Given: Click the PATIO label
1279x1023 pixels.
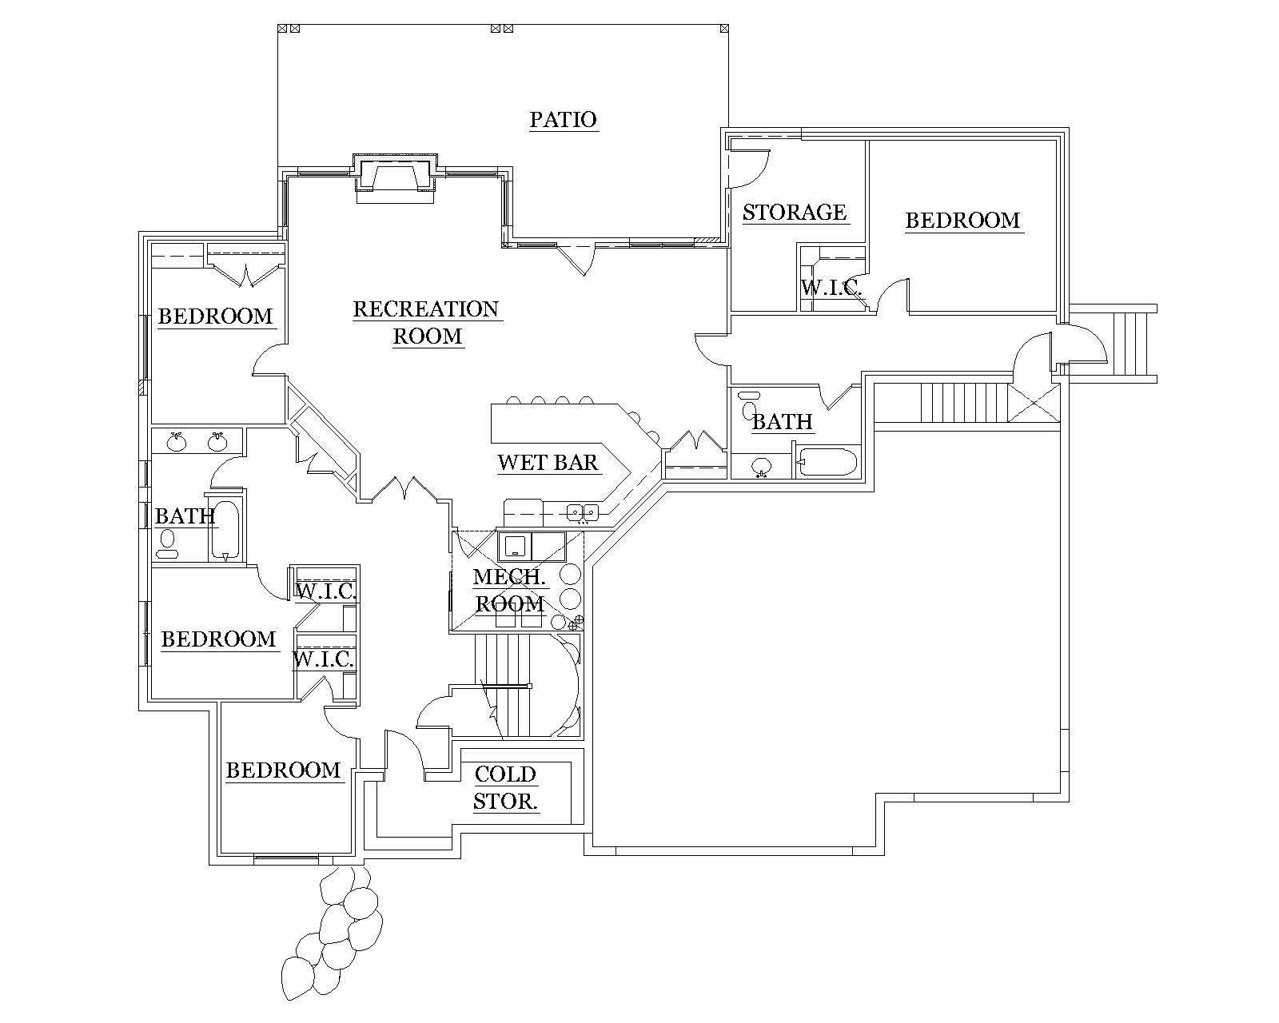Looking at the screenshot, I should (x=563, y=120).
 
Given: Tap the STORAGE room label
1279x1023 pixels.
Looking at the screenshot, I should (x=794, y=213).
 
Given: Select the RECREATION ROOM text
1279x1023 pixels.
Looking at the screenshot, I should (x=428, y=322).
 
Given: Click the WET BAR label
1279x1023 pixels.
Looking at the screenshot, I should (x=548, y=463).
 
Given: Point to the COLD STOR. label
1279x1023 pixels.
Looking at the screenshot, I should (x=505, y=787).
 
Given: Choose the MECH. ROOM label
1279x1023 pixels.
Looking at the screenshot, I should (x=510, y=590).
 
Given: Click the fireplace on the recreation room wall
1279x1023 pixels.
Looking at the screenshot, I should (x=395, y=176).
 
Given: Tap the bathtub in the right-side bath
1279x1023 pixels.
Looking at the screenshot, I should (x=828, y=462).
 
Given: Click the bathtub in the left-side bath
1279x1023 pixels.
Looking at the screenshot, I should (x=225, y=530).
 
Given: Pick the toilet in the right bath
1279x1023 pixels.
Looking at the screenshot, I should (x=749, y=407).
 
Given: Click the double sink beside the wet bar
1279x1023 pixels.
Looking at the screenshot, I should (x=583, y=511).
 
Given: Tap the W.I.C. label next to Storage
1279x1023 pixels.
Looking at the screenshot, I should (x=831, y=288).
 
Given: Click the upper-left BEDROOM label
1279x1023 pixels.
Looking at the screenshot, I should (x=215, y=316).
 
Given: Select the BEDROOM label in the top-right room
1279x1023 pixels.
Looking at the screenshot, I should (x=962, y=221).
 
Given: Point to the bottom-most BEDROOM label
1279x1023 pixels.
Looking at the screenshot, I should (x=283, y=770).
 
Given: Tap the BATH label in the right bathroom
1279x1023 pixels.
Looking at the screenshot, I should (x=782, y=422).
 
